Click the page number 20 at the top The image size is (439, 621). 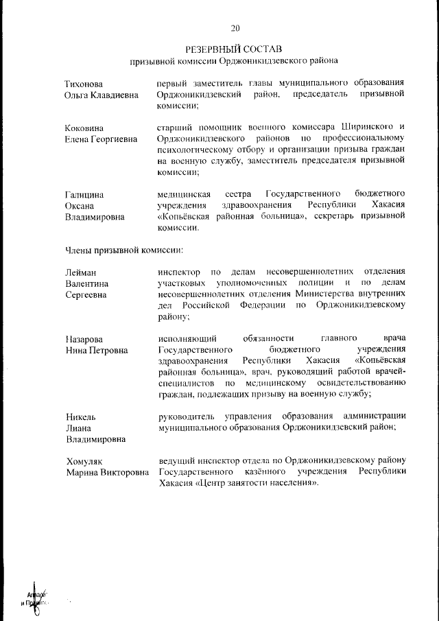point(235,28)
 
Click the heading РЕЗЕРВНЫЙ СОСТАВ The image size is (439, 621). point(235,49)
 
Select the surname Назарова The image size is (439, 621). point(84,339)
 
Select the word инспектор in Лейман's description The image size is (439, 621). point(178,272)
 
